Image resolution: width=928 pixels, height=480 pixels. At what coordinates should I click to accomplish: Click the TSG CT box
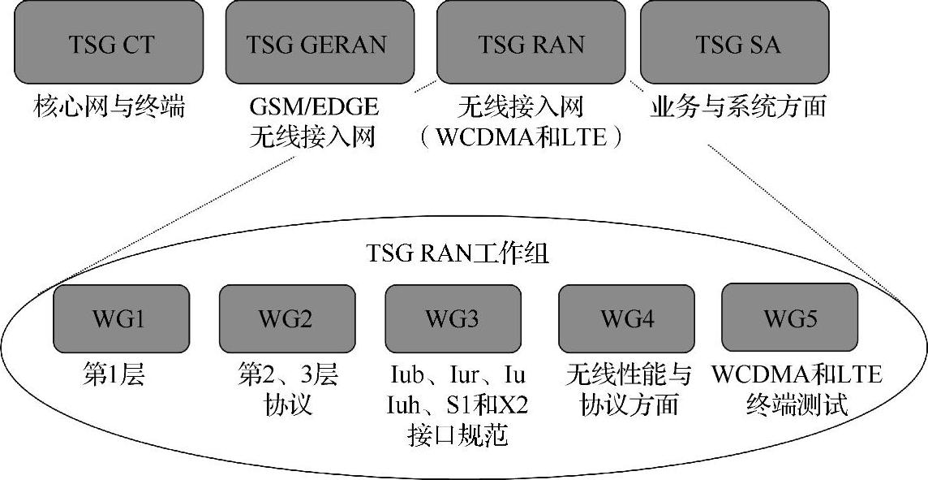pos(110,42)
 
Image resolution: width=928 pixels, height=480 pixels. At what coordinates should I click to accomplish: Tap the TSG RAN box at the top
pos(531,42)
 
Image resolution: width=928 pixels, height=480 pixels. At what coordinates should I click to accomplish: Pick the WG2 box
pos(287,318)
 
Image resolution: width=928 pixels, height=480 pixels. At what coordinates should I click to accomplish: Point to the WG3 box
pos(453,318)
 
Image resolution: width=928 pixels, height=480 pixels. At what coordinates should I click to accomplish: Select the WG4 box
pos(626,318)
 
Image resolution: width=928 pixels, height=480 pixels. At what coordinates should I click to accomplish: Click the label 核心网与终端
pos(110,107)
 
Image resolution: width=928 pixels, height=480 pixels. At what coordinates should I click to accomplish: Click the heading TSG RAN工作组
pos(458,255)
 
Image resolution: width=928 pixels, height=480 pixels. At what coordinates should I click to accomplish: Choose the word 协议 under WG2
pos(287,404)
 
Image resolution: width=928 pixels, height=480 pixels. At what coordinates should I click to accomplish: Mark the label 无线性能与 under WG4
pos(629,375)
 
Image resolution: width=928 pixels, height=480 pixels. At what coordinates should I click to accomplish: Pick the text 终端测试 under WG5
pos(797,404)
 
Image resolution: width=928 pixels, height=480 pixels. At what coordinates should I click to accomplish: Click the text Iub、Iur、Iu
pos(458,375)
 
